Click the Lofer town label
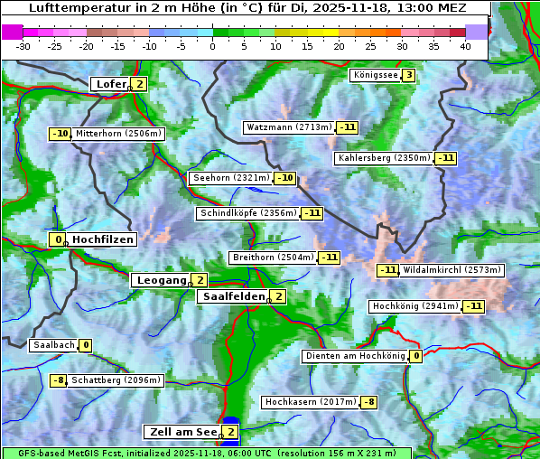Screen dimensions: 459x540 (110, 84)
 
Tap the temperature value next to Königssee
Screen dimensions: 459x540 (408, 75)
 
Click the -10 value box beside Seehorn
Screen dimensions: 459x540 (285, 178)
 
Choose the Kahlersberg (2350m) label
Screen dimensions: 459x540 (384, 158)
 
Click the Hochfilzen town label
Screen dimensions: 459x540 (103, 239)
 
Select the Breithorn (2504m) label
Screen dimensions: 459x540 (272, 258)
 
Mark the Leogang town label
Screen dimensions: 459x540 (161, 280)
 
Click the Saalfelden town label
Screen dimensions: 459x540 (233, 296)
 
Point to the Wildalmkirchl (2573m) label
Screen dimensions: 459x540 (452, 270)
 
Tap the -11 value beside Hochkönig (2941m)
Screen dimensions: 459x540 (474, 306)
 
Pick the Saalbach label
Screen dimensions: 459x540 (53, 345)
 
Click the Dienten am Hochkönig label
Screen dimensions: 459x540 (355, 356)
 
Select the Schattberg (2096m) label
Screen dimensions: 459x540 (116, 380)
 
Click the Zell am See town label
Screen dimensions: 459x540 (182, 432)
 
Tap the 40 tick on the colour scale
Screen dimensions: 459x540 (465, 46)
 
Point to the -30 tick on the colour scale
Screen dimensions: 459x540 (23, 46)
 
